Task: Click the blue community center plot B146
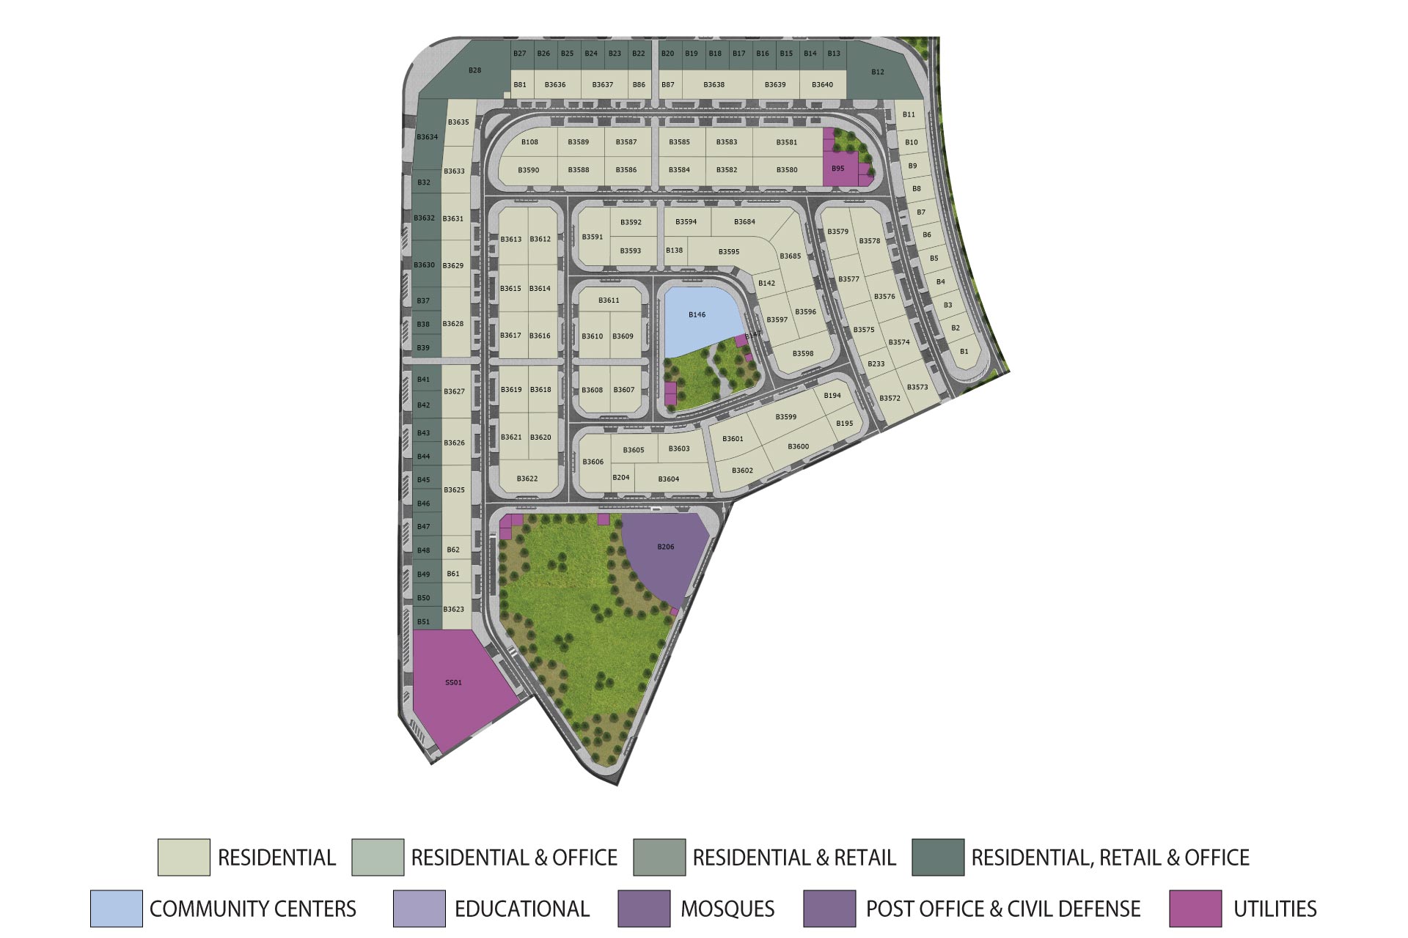pos(697,315)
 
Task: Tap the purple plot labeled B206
pos(666,547)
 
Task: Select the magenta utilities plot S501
pos(454,683)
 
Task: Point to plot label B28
pos(475,70)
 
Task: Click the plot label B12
pos(878,72)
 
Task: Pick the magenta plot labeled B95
pos(838,169)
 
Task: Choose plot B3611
pos(609,300)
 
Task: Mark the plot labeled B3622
pos(527,479)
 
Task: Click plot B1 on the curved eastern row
pos(964,352)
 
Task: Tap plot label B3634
pos(427,137)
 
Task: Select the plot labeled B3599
pos(786,417)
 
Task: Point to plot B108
pos(529,142)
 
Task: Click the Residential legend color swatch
pos(183,857)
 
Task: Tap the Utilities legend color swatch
pos(1195,909)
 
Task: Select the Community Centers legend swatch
pos(117,909)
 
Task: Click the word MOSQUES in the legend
pos(727,909)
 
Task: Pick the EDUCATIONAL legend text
pos(522,909)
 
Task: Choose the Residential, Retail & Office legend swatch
pos(938,857)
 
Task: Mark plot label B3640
pos(822,85)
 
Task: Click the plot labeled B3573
pos(917,387)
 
